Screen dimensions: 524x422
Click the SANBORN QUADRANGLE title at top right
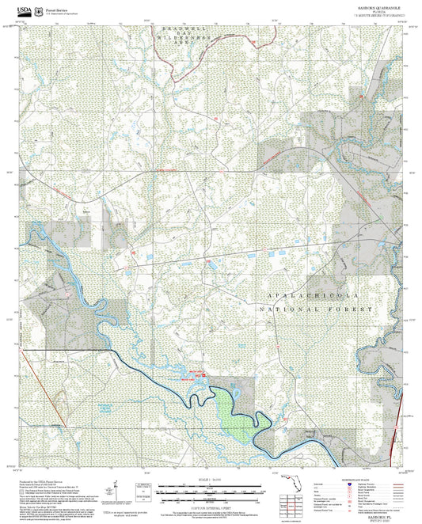(x=378, y=6)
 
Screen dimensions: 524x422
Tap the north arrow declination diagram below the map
(x=119, y=491)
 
